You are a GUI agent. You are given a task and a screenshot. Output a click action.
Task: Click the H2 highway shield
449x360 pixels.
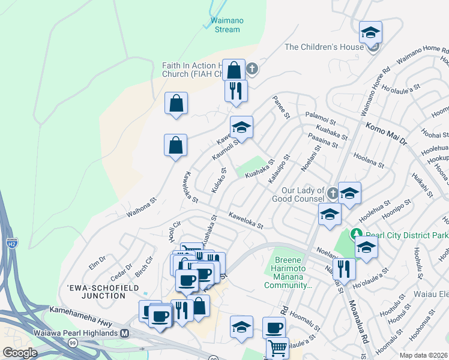click(x=11, y=242)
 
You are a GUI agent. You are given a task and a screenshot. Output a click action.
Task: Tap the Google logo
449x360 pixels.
click(x=20, y=353)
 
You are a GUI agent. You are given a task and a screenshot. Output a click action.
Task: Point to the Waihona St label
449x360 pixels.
click(x=141, y=208)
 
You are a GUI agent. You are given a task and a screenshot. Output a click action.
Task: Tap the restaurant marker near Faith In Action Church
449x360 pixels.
click(x=236, y=91)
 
